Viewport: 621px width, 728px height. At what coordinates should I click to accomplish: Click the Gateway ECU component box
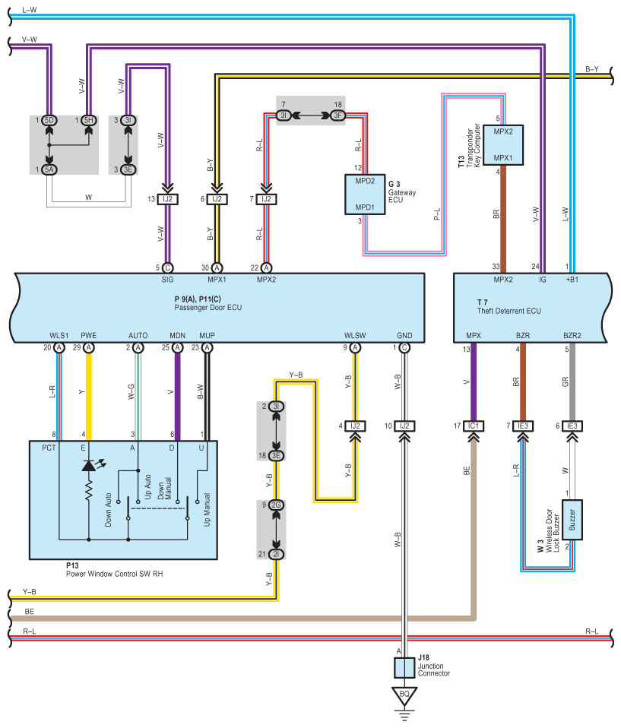coord(365,194)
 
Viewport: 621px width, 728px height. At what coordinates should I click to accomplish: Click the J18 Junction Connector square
coord(404,668)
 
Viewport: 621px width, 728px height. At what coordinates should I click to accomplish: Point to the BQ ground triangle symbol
coord(404,695)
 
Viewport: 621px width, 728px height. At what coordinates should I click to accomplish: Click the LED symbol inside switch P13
coord(89,465)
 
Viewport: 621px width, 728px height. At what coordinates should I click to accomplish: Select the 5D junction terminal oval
coord(49,121)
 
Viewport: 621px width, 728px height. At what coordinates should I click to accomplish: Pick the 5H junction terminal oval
coord(89,121)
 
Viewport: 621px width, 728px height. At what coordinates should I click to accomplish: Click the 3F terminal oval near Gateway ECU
coord(337,116)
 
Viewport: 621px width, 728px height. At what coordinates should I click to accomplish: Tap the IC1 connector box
coord(474,426)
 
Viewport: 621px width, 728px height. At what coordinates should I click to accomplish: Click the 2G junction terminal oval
coord(277,505)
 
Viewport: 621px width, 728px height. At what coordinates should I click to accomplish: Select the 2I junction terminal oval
coord(277,555)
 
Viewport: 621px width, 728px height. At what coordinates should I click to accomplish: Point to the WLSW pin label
coord(354,334)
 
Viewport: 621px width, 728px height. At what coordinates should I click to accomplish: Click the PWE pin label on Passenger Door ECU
coord(89,334)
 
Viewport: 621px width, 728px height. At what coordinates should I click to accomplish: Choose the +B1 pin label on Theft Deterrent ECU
coord(572,280)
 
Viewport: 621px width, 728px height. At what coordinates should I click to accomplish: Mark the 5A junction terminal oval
coord(49,170)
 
